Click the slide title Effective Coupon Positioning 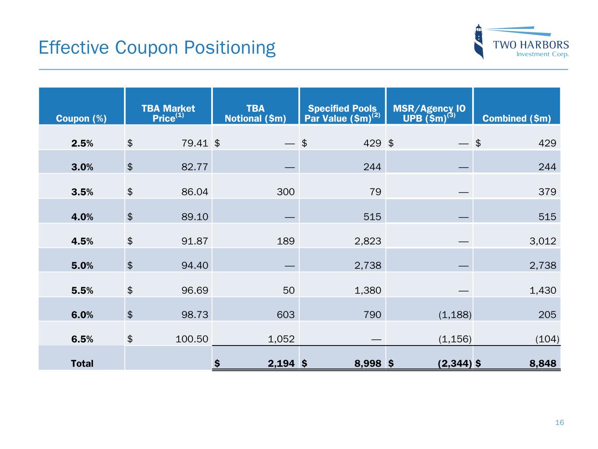157,47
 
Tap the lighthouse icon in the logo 479,42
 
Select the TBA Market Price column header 168,113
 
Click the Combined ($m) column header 517,118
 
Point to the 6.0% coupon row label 82,315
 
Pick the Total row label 82,363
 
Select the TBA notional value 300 286,192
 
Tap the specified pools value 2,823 368,241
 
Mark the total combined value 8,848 543,363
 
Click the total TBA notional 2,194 281,363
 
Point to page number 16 559,422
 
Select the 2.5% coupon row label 82,143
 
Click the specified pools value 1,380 368,290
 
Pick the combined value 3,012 543,241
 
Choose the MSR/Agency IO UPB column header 429,113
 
